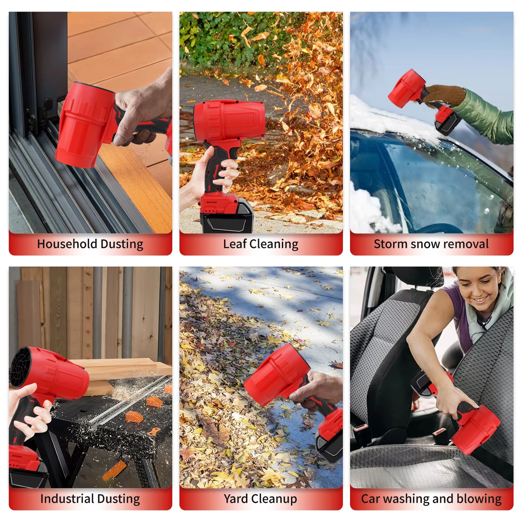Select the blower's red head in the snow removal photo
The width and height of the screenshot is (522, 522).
tap(406, 89)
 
